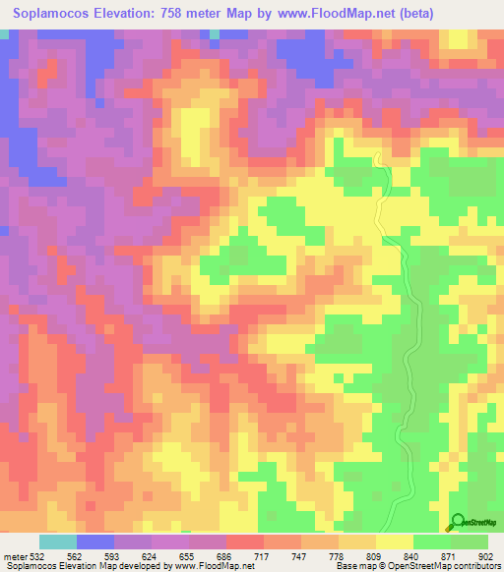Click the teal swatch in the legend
click(58, 542)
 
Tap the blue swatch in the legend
click(95, 542)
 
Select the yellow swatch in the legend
click(395, 542)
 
